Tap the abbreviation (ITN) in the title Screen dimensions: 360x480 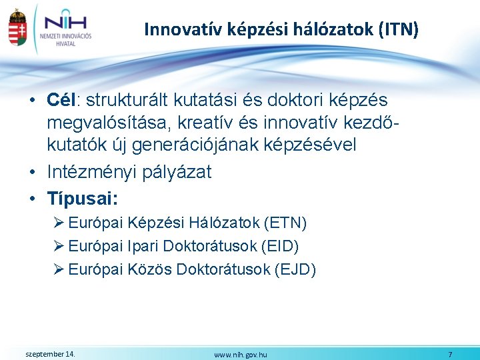point(397,29)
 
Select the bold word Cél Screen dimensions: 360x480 point(63,101)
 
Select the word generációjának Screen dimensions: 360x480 point(209,144)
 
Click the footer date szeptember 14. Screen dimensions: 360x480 point(50,353)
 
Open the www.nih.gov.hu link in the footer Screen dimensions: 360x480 point(241,355)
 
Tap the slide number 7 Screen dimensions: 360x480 point(450,354)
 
